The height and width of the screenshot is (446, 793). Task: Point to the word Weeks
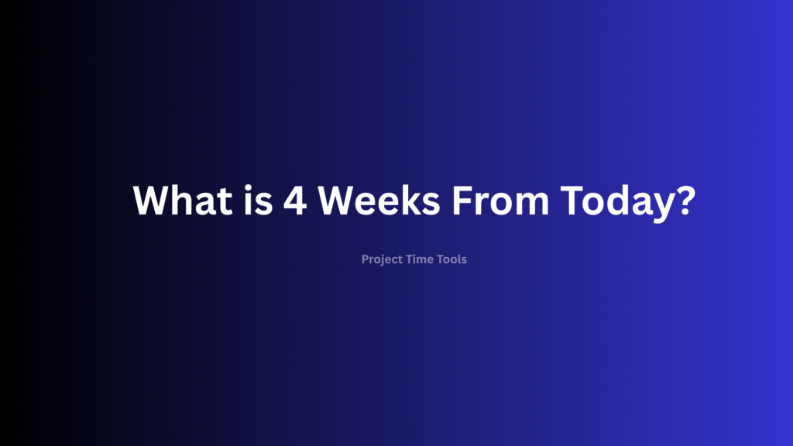[x=378, y=201]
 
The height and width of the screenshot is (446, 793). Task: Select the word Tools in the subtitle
[x=452, y=259]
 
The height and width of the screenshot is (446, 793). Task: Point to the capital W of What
[x=151, y=201]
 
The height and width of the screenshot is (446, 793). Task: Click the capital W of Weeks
[x=338, y=201]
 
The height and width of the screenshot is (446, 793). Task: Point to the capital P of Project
[x=365, y=259]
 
